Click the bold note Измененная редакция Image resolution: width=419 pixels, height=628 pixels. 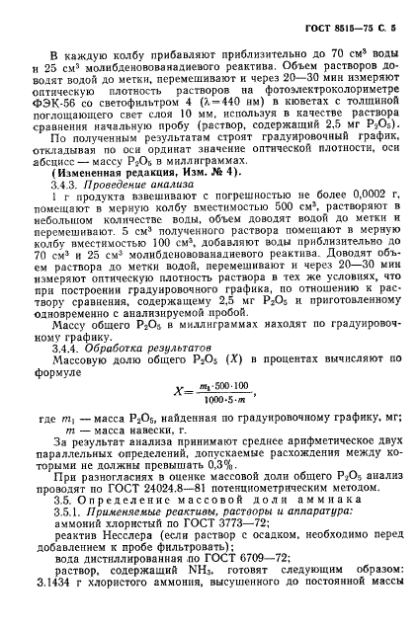[116, 198]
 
